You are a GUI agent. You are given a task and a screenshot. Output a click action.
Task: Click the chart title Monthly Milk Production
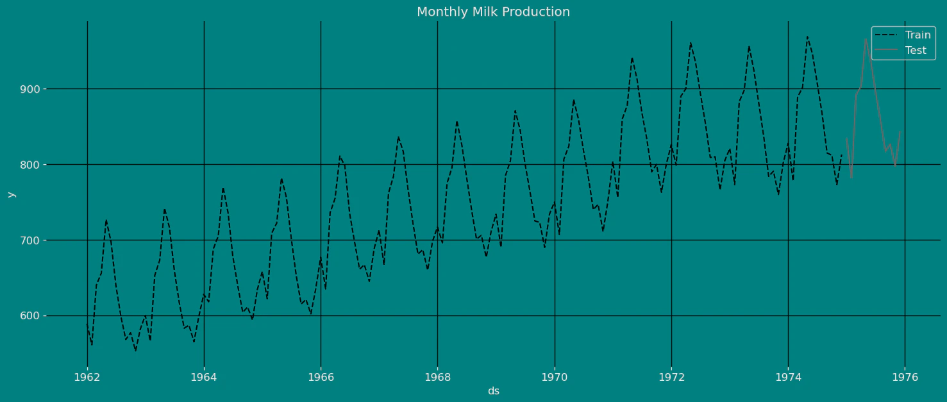[x=493, y=12]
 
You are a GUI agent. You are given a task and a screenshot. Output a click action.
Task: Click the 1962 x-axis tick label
[x=87, y=376]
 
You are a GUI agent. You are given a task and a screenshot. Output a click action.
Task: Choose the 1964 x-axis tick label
[x=204, y=376]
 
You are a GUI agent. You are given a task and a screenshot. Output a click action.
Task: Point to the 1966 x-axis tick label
[x=321, y=376]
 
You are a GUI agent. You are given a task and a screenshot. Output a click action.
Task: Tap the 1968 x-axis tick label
[x=437, y=376]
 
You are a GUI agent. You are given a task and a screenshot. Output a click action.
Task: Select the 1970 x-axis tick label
[x=555, y=376]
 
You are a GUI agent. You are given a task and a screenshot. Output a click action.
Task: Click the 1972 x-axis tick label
[x=671, y=376]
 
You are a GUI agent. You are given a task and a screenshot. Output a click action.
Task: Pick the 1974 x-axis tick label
[x=788, y=376]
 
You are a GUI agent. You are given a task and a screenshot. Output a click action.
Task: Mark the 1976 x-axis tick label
[x=905, y=376]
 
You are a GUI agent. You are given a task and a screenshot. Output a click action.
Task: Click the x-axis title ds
[x=493, y=391]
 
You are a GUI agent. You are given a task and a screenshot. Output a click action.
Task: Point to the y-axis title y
[x=10, y=194]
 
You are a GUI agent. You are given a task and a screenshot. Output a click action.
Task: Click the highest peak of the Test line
[x=866, y=38]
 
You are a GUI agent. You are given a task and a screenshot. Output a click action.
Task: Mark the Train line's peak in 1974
[x=807, y=37]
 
